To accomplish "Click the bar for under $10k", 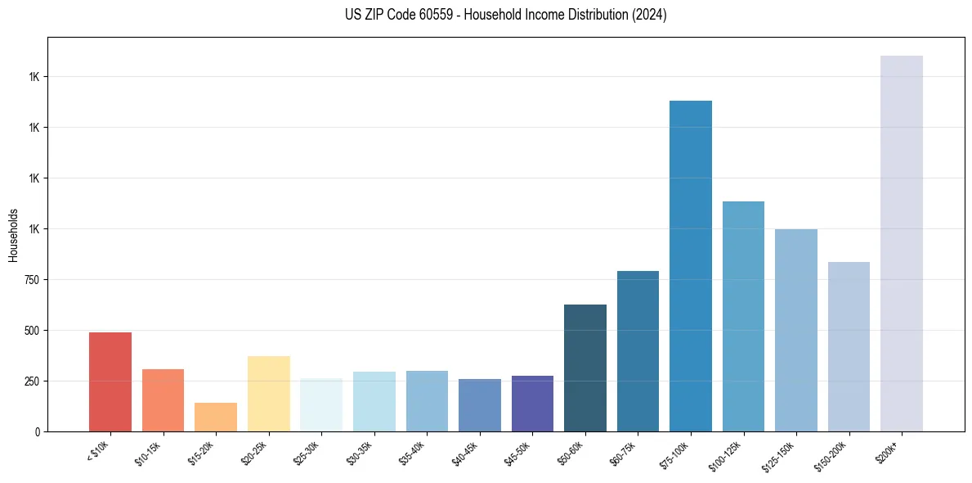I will coord(110,381).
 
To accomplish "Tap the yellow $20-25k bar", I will coord(268,394).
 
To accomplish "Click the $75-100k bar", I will coord(690,266).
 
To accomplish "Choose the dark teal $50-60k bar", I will coord(585,368).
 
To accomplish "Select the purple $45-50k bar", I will coord(532,404).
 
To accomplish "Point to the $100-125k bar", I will coord(743,316).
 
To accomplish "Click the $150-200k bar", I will coord(849,346).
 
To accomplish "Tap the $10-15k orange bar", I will coord(163,400).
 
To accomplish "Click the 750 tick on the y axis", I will coord(31,280).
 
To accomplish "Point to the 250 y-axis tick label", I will coord(31,381).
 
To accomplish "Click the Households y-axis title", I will coord(13,234).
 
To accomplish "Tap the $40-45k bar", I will coord(479,405).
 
